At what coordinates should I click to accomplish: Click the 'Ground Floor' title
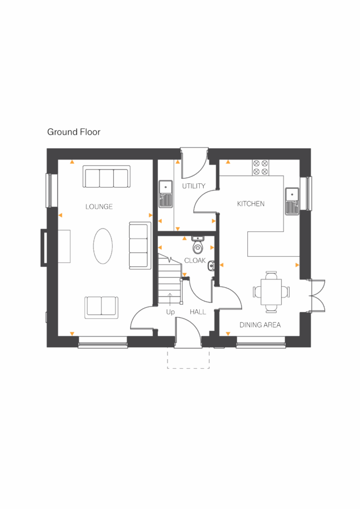coord(74,132)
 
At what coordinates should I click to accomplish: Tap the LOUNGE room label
coord(99,207)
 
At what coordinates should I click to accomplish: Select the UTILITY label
coord(193,186)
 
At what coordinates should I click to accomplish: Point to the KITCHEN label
coord(251,204)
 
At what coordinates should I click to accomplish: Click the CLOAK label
coord(195,261)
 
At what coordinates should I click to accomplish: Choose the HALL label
coord(198,312)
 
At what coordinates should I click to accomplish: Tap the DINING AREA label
coord(260,325)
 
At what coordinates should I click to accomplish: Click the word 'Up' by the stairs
coord(170,312)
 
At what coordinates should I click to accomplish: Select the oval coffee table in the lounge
coord(102,245)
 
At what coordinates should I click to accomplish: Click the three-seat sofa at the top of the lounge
coord(106,176)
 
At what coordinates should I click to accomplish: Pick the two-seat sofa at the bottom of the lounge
coord(102,306)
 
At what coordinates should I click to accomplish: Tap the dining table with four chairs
coord(271,292)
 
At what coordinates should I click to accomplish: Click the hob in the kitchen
coord(260,167)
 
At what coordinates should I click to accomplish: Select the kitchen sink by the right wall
coord(292,195)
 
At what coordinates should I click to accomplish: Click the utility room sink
coord(165,189)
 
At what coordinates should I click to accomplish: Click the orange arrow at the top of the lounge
coord(72,162)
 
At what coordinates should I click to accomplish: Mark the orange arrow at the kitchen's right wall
coord(298,264)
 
